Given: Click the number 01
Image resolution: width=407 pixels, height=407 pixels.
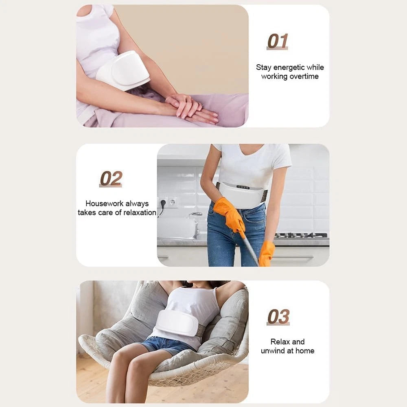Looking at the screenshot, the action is click(278, 41).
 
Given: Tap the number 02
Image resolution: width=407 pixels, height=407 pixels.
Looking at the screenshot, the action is click(111, 178).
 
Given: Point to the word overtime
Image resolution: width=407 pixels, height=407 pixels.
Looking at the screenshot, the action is click(304, 77).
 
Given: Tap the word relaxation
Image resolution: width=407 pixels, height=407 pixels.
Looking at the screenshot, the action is click(140, 212).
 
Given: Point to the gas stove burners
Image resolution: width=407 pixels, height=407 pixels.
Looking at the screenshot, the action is click(301, 235).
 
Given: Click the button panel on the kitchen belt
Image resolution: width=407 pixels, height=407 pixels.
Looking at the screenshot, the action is click(243, 187).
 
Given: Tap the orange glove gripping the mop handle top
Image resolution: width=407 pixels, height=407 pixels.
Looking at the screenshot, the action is click(230, 213).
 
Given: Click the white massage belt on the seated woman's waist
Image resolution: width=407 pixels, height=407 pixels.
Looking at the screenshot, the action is click(123, 70).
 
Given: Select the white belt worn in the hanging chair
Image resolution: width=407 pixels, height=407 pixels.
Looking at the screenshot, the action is click(177, 323).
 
